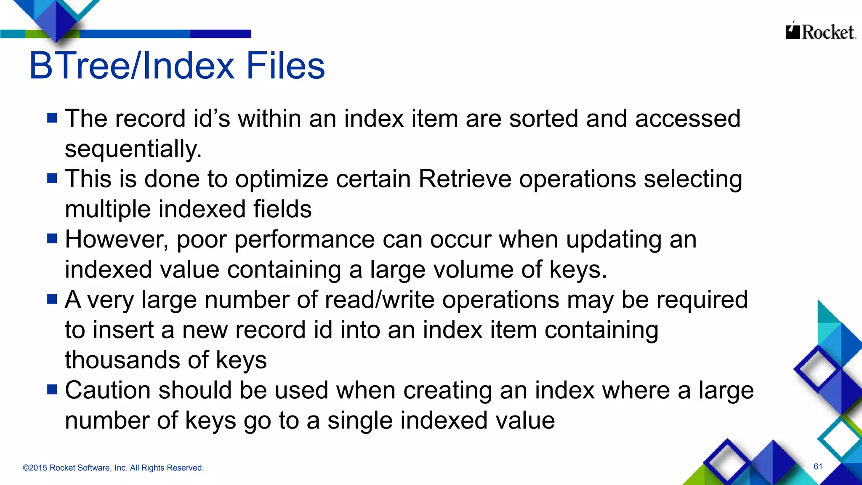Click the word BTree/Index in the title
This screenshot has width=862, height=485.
(x=132, y=66)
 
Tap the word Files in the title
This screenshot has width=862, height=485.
(x=285, y=66)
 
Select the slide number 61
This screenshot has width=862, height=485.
(x=818, y=466)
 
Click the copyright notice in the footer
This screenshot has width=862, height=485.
(x=113, y=468)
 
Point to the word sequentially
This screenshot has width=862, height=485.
(x=133, y=149)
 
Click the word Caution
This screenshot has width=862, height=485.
(x=107, y=390)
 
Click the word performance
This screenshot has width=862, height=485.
(x=304, y=240)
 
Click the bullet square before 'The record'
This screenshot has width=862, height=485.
(x=52, y=118)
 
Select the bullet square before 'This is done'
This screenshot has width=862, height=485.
(x=52, y=179)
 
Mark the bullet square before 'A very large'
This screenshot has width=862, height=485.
(x=52, y=299)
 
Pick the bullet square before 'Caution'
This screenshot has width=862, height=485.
(x=52, y=390)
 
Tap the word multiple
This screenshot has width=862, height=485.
(x=108, y=209)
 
